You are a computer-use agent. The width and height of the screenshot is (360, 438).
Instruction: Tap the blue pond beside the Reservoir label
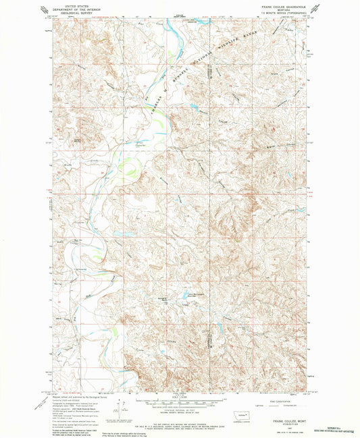pyautogui.click(x=183, y=296)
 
